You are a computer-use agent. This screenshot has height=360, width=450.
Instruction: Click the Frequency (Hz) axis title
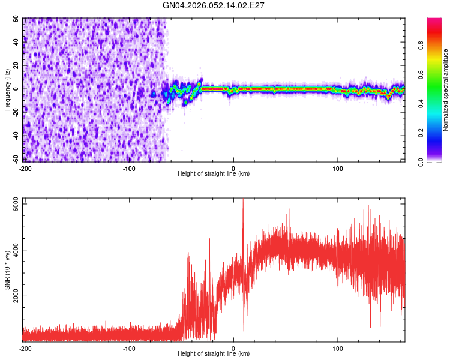pos(8,90)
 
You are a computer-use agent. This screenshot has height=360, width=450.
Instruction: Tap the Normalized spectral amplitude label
pos(446,91)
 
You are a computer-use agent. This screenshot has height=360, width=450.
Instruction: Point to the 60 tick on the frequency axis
pos(17,19)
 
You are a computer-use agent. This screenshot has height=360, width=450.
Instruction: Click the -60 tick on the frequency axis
pos(16,159)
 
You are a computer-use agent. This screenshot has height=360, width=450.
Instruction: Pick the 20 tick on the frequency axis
pos(17,65)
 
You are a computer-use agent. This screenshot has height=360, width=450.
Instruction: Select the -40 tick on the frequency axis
pos(16,136)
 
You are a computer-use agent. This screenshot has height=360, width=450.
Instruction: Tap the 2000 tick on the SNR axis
pos(13,296)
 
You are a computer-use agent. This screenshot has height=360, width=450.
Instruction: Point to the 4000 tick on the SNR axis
pos(13,250)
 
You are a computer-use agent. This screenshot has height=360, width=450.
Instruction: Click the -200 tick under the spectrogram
pos(25,167)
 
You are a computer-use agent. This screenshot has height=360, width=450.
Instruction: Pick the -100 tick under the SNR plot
pos(129,348)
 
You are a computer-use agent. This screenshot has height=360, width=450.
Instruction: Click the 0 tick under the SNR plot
pos(233,348)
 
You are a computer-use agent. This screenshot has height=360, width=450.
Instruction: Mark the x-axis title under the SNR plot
pos(214,355)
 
